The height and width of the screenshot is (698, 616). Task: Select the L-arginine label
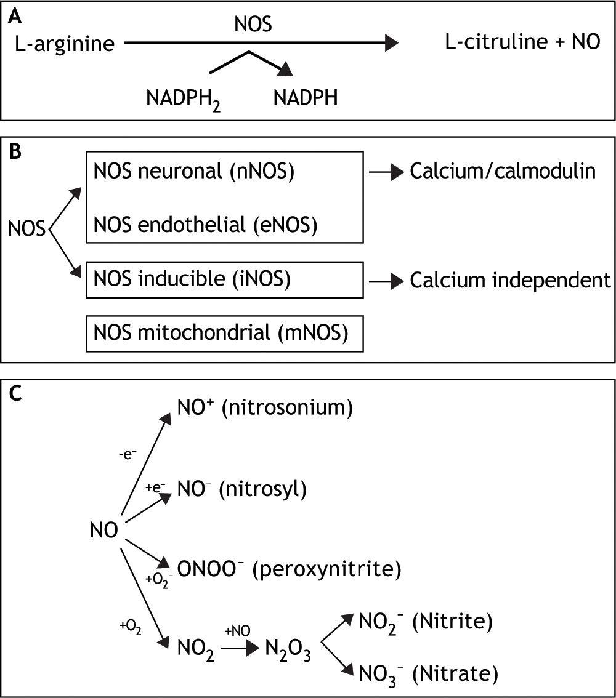(x=65, y=44)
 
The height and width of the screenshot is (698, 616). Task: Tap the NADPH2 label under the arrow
(x=183, y=98)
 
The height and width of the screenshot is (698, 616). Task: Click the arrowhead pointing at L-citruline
(x=391, y=43)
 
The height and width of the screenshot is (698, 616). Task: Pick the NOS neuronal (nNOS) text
(x=194, y=172)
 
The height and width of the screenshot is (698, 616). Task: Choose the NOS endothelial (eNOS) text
(x=206, y=225)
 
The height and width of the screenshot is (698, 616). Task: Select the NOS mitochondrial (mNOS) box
(x=224, y=334)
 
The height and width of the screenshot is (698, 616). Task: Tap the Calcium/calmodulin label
(x=503, y=171)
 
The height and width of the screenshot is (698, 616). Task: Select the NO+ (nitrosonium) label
(x=265, y=409)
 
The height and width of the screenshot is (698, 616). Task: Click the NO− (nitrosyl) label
(x=241, y=489)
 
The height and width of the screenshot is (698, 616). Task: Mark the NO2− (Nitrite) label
(x=426, y=623)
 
